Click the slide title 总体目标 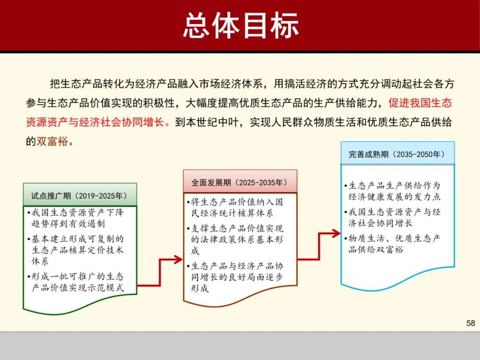coord(240,25)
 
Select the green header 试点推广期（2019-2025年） coord(80,195)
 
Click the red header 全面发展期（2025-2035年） coord(240,182)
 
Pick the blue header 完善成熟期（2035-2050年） coord(397,154)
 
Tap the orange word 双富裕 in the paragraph coord(52,141)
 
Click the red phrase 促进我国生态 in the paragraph coord(420,103)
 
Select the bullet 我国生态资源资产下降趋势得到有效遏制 coord(77,218)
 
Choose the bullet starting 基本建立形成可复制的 coord(77,250)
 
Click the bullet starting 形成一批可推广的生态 coord(77,282)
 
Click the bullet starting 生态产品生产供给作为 coord(394,191)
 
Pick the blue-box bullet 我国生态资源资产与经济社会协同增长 coord(394,217)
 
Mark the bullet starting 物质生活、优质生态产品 coord(394,244)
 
